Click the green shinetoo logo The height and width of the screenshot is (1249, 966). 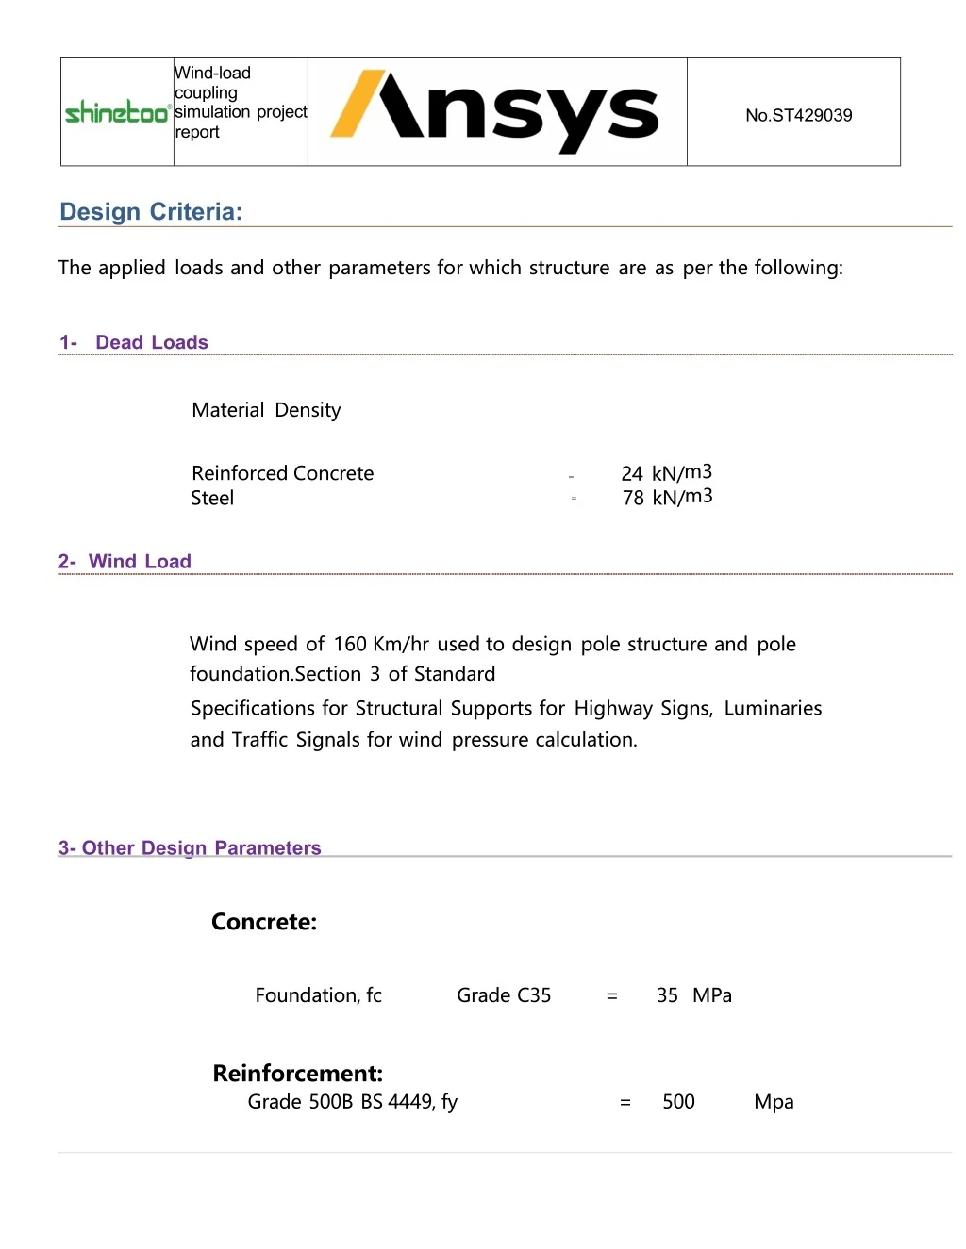117,112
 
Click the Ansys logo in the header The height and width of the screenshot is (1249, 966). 495,111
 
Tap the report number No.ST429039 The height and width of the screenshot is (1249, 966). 798,115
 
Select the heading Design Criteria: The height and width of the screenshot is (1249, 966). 151,212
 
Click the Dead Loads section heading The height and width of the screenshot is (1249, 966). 151,342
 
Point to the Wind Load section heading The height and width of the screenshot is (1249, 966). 139,562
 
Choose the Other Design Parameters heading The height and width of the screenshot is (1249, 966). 201,848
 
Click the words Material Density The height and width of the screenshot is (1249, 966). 266,410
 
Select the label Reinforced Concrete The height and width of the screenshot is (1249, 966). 282,473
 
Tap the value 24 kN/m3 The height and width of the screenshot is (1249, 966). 666,472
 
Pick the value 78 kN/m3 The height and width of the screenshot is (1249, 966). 667,497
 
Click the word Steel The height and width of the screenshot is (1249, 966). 212,498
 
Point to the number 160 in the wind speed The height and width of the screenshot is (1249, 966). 349,645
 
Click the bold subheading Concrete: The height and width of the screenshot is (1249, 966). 264,922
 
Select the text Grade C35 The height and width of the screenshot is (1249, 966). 504,995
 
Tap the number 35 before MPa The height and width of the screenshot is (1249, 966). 667,995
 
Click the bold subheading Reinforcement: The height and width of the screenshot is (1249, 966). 297,1074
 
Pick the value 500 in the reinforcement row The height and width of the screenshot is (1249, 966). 678,1102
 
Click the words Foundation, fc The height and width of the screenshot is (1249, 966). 318,995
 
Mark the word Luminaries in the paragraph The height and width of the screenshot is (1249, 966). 773,709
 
